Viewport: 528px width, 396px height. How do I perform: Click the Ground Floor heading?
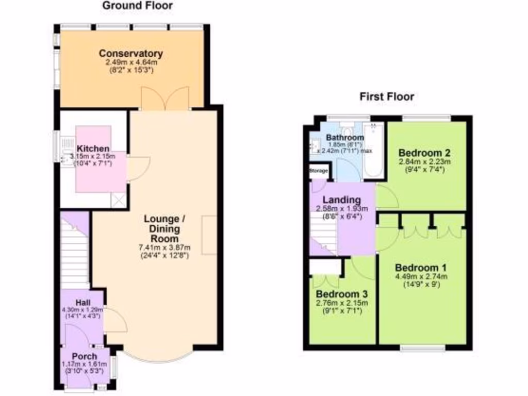pyautogui.click(x=137, y=6)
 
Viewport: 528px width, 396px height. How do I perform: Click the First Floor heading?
pyautogui.click(x=387, y=96)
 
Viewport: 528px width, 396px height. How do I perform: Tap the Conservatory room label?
pyautogui.click(x=131, y=54)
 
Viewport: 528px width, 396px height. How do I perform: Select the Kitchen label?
pyautogui.click(x=93, y=148)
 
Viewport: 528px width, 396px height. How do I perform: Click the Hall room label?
pyautogui.click(x=82, y=302)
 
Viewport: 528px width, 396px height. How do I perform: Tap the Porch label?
pyautogui.click(x=85, y=357)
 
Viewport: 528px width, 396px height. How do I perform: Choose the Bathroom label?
pyautogui.click(x=345, y=138)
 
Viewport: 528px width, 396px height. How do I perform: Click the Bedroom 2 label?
pyautogui.click(x=425, y=153)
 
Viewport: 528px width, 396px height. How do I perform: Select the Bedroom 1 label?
pyautogui.click(x=421, y=268)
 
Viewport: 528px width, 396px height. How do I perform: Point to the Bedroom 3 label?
pyautogui.click(x=342, y=294)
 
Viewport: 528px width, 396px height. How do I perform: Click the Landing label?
pyautogui.click(x=341, y=200)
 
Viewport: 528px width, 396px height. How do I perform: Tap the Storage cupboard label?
pyautogui.click(x=318, y=171)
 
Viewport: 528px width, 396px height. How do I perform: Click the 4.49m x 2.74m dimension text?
pyautogui.click(x=421, y=276)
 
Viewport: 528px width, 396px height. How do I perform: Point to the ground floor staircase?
pyautogui.click(x=75, y=253)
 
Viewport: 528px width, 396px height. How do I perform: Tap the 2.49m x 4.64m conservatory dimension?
pyautogui.click(x=131, y=62)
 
